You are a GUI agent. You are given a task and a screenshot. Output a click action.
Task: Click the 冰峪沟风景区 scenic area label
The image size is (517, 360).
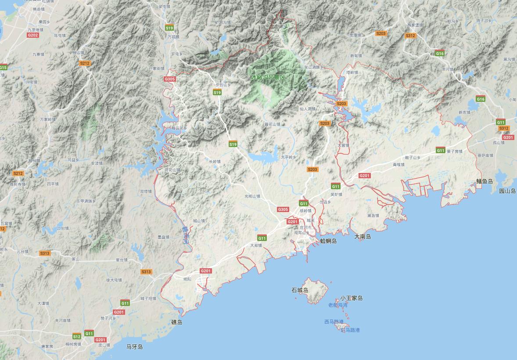tap(268, 77)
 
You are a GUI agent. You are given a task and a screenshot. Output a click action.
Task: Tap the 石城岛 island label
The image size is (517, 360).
tap(300, 290)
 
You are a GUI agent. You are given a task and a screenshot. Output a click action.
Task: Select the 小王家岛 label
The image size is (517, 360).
tap(351, 298)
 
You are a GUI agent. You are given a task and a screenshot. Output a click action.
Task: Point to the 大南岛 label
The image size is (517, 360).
tap(363, 237)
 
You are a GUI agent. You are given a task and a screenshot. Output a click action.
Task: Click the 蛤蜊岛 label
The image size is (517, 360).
tap(328, 241)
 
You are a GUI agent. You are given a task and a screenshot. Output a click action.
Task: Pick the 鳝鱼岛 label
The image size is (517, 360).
tap(485, 181)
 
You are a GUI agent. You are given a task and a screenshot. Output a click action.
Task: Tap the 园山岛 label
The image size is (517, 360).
tap(507, 191)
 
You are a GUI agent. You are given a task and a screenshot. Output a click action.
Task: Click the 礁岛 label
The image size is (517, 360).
tap(176, 322)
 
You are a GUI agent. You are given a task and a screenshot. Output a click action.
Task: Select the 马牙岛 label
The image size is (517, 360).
tap(134, 347)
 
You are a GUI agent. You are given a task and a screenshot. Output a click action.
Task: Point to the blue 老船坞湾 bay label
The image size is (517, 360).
tap(337, 305)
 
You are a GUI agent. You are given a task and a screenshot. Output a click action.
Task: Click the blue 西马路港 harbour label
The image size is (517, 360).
tap(334, 322)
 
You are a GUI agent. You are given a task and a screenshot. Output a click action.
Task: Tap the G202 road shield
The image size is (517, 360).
tap(33, 35)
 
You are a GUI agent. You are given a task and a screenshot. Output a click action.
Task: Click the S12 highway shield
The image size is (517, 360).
tap(77, 336)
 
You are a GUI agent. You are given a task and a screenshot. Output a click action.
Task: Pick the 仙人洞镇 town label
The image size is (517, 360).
tap(308, 108)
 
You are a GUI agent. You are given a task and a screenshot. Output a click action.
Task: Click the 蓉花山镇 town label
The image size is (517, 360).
tap(272, 124)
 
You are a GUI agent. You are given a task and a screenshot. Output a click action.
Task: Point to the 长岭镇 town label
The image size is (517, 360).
tap(215, 162)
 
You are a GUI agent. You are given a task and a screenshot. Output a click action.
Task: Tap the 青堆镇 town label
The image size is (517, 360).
tap(399, 165)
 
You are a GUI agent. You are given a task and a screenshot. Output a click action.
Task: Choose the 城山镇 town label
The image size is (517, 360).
tap(199, 221)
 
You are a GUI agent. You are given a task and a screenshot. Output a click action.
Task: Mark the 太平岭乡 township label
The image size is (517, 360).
tap(289, 157)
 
